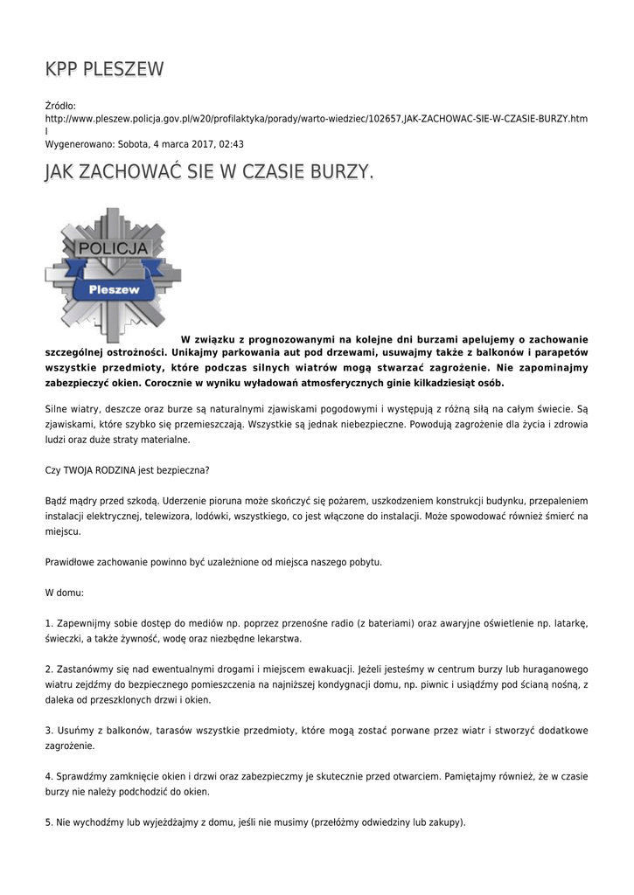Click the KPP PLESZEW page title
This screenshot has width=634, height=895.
click(x=104, y=70)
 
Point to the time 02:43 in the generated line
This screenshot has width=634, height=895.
click(x=232, y=144)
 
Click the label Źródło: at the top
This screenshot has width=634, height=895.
click(x=60, y=105)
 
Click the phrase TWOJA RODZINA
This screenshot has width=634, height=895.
click(x=105, y=470)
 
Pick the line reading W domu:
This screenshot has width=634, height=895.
click(x=64, y=592)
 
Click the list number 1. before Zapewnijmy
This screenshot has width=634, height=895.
click(x=49, y=622)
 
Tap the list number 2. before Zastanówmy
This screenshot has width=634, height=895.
click(x=49, y=669)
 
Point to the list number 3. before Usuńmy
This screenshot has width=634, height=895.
click(x=49, y=730)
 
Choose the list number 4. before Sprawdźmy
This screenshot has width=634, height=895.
click(x=49, y=776)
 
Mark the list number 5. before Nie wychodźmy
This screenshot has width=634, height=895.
click(x=49, y=822)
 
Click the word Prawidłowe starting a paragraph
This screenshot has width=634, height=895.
click(x=72, y=561)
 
